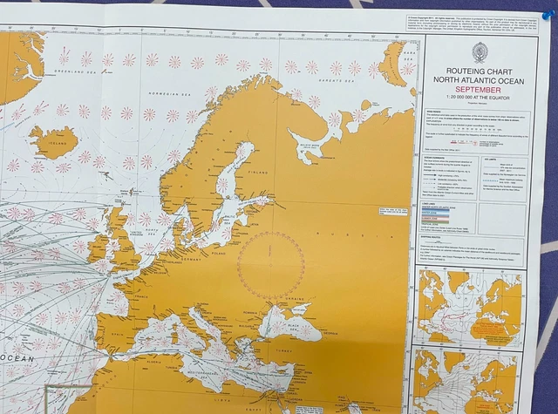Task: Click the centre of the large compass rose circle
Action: [271, 265]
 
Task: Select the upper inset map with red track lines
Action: [470, 306]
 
